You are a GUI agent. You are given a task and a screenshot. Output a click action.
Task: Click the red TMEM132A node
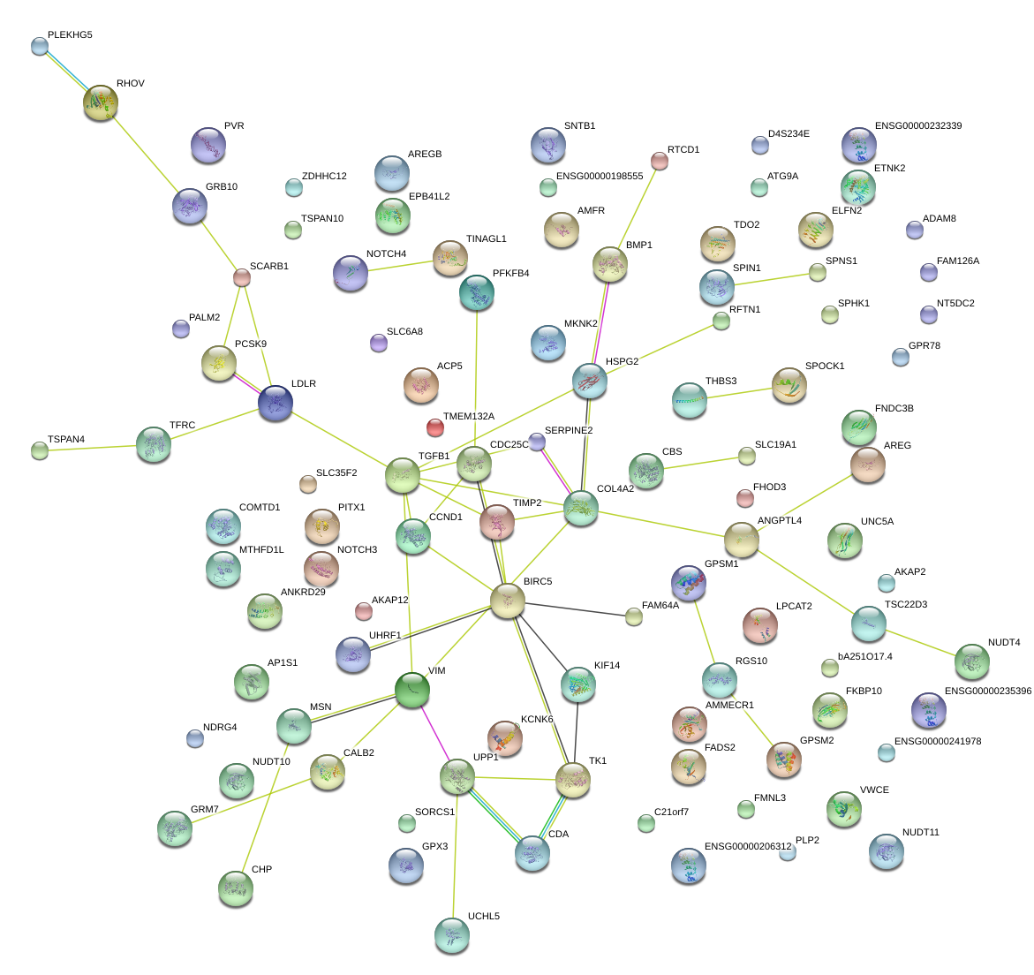434,427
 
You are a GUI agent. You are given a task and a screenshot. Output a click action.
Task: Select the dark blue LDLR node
275,403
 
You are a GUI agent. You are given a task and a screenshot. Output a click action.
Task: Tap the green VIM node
412,689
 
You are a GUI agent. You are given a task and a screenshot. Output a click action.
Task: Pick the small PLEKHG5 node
40,46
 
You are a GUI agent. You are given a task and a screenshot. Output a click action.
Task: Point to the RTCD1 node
659,160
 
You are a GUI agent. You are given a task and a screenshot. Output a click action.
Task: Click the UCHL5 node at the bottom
452,934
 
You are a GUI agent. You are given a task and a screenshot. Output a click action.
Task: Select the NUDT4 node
972,661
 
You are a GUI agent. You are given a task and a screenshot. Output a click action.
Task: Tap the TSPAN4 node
40,450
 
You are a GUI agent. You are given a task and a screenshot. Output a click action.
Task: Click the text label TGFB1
434,457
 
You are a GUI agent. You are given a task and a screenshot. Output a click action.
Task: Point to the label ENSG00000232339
918,126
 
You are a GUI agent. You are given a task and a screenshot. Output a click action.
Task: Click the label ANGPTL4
780,521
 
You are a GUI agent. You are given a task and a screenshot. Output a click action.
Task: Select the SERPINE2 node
537,442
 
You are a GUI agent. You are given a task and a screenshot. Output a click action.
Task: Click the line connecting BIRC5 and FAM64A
570,608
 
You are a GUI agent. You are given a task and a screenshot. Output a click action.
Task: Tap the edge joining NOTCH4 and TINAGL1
397,265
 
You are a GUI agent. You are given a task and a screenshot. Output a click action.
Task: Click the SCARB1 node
241,277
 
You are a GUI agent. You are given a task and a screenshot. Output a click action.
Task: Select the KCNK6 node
505,738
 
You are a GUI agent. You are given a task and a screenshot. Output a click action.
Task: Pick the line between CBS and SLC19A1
698,464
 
